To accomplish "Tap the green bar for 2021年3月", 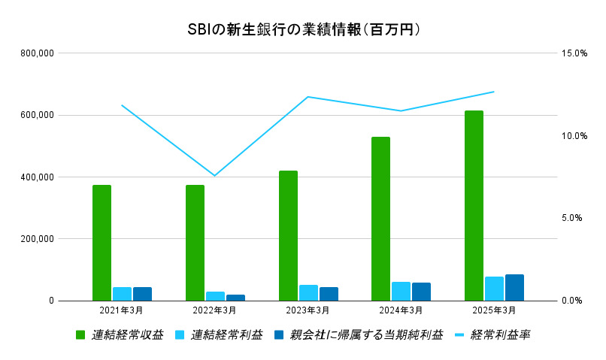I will [x=102, y=242].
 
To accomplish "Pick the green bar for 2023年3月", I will [x=288, y=235].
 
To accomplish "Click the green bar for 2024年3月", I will [x=380, y=218].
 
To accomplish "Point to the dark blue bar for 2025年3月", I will [x=514, y=287].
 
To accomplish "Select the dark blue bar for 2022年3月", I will [x=235, y=298].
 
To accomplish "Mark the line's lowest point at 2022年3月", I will [x=214, y=176].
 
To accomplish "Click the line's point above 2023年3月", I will [x=308, y=97].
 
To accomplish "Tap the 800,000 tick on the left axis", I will [x=35, y=53].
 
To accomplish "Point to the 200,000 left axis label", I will [x=35, y=239].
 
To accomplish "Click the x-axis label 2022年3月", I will [x=214, y=310].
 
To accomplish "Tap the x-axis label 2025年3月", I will [x=494, y=310].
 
